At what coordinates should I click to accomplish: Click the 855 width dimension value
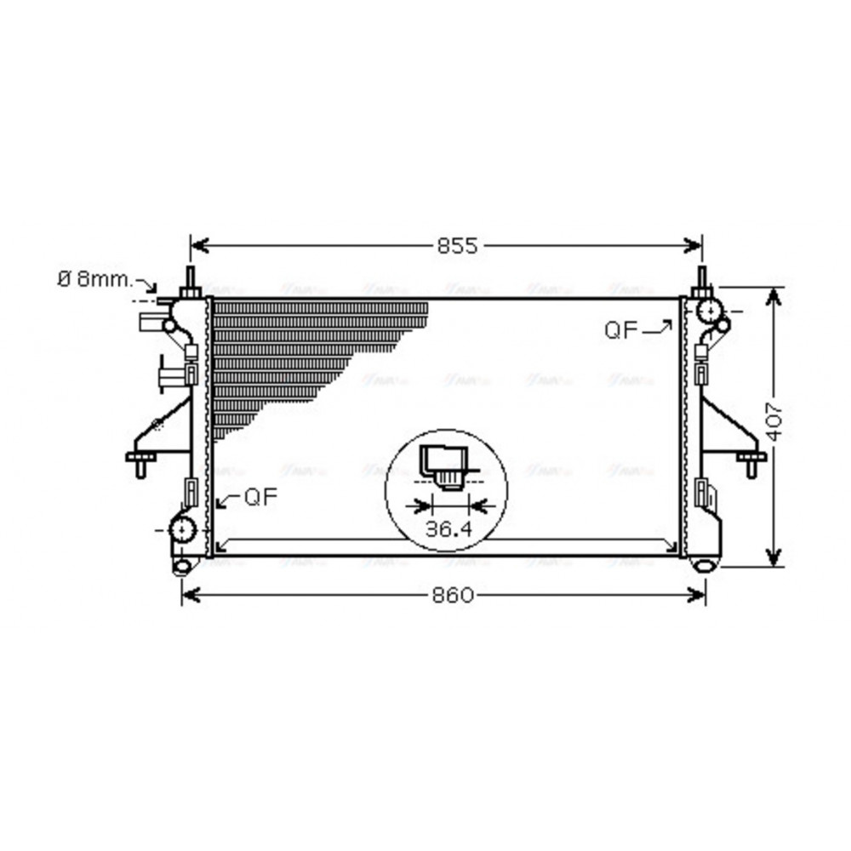coord(458,246)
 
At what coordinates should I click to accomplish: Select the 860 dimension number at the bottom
coord(452,595)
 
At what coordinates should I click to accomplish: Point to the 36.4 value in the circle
coord(448,528)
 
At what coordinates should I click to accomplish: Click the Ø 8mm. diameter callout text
coord(94,279)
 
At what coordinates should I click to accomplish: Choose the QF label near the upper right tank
coord(622,330)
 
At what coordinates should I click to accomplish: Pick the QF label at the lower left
coord(260,498)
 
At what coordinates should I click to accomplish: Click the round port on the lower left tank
coord(182,530)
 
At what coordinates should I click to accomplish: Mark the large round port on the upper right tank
coord(707,311)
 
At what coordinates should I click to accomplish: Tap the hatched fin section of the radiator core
coord(298,349)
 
